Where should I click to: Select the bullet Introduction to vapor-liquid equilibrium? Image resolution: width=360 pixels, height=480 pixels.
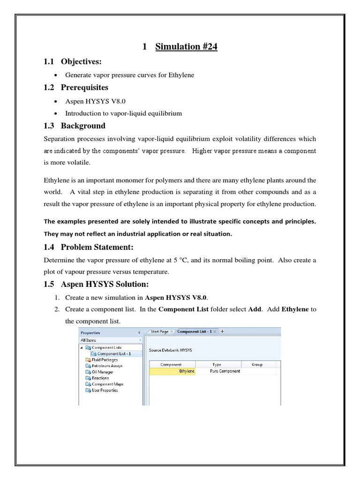point(123,113)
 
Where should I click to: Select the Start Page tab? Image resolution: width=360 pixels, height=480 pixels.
point(159,331)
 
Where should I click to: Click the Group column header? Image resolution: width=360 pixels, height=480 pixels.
point(257,364)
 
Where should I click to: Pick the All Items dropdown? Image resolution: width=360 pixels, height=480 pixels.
point(111,340)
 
